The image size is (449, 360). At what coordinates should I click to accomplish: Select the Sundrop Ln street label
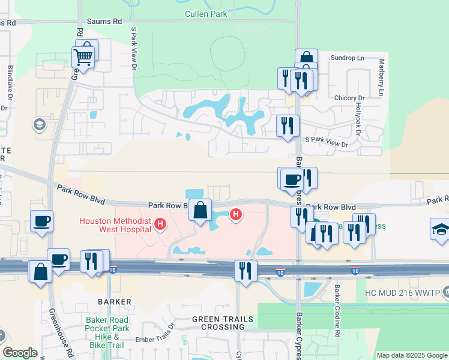348,58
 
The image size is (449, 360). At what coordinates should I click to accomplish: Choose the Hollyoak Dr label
358,119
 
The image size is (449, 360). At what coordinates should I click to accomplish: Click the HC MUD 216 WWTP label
402,294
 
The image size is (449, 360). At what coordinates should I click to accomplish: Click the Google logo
20,353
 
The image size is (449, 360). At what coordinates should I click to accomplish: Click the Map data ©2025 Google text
412,355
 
